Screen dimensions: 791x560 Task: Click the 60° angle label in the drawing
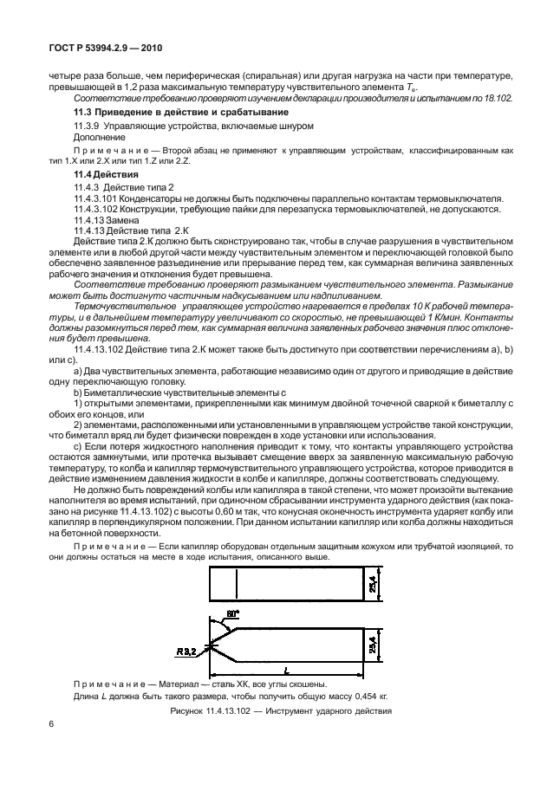coord(232,614)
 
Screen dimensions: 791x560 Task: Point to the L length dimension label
coord(285,670)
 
